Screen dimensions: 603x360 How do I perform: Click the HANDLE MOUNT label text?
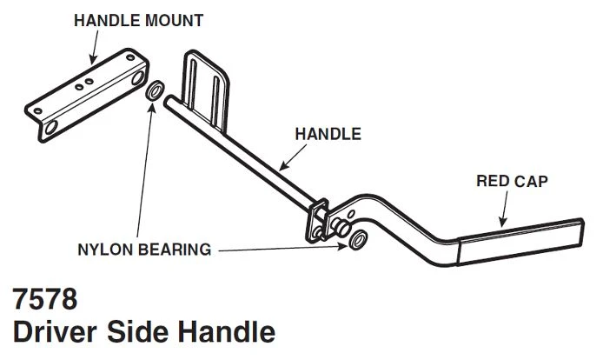[138, 20]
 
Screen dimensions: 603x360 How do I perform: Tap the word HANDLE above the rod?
[328, 134]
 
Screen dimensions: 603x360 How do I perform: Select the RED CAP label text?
[512, 181]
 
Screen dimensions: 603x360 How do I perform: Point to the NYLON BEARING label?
[144, 250]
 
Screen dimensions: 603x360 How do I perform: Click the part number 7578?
[45, 299]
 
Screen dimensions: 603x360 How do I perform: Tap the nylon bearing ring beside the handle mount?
[155, 90]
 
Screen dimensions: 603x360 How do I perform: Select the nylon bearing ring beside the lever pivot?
[358, 239]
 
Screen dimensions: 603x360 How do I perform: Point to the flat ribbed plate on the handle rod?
[206, 90]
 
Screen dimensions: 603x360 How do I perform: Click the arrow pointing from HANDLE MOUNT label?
[94, 47]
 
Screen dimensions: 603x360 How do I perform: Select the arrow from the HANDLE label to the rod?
[293, 157]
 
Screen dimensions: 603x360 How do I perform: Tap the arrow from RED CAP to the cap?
[503, 209]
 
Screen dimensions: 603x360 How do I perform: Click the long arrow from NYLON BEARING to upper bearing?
[145, 169]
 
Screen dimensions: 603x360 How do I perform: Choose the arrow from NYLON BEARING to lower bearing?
[282, 249]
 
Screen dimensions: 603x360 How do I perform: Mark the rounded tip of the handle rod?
[168, 101]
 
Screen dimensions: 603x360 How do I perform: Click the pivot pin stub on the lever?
[341, 227]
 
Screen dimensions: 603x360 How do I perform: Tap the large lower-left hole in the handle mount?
[51, 128]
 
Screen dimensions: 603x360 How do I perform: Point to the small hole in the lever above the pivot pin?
[351, 214]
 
